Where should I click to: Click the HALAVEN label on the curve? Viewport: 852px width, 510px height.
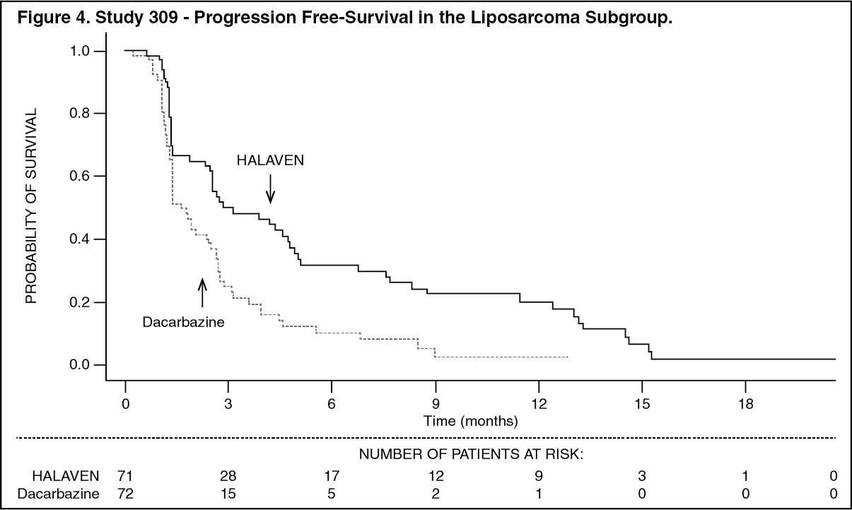point(270,160)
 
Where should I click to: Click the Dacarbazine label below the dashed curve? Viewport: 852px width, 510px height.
point(183,322)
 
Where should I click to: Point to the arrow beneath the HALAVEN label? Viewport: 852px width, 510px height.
point(270,189)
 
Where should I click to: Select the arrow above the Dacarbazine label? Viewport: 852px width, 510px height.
point(202,292)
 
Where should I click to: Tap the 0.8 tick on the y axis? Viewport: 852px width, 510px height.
point(84,113)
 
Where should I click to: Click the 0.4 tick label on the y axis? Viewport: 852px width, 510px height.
point(84,239)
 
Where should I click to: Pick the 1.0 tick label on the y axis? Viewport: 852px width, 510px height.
point(84,51)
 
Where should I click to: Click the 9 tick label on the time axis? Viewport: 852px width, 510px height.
point(435,405)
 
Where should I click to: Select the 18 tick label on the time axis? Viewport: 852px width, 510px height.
point(745,405)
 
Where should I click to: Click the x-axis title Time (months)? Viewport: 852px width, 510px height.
point(470,422)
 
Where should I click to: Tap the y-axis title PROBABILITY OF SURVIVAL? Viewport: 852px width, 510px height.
point(31,208)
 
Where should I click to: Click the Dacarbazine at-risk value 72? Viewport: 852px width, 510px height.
point(125,492)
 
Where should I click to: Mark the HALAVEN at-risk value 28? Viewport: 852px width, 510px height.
point(228,475)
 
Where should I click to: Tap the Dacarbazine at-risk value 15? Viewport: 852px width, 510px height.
point(228,492)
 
